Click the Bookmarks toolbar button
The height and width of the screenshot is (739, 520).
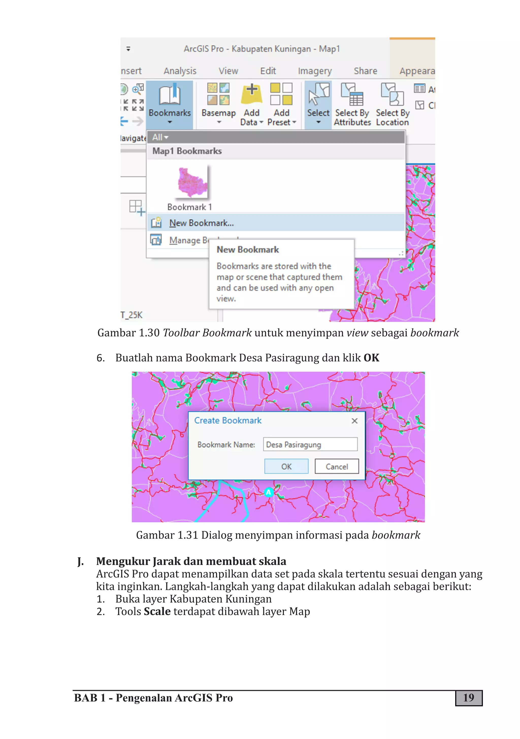pyautogui.click(x=170, y=103)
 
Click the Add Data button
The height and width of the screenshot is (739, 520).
pyautogui.click(x=252, y=103)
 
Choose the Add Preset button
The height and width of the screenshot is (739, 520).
pyautogui.click(x=282, y=103)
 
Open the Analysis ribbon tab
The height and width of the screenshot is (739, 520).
pyautogui.click(x=180, y=71)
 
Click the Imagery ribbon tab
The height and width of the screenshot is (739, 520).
pyautogui.click(x=314, y=71)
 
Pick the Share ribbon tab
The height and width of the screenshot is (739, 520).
pyautogui.click(x=365, y=71)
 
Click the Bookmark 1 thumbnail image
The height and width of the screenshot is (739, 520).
pyautogui.click(x=192, y=182)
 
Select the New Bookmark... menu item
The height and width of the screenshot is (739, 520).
pyautogui.click(x=201, y=223)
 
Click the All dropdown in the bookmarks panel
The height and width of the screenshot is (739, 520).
pyautogui.click(x=160, y=137)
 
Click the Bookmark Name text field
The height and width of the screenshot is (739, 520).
pyautogui.click(x=310, y=445)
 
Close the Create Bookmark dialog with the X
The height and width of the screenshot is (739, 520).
pyautogui.click(x=354, y=421)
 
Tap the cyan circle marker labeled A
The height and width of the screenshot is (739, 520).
pyautogui.click(x=268, y=492)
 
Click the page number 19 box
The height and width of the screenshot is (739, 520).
pyautogui.click(x=468, y=698)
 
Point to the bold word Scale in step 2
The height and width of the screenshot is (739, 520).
pyautogui.click(x=157, y=611)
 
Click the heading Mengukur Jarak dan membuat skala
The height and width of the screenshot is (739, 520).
pyautogui.click(x=191, y=561)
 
